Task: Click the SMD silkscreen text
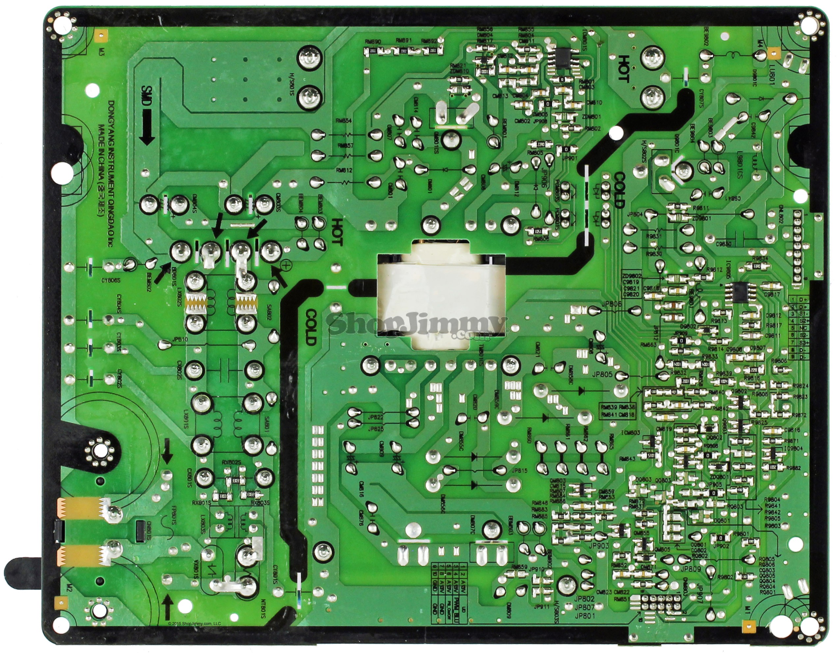click(x=146, y=94)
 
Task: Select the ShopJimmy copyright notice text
click(x=195, y=623)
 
